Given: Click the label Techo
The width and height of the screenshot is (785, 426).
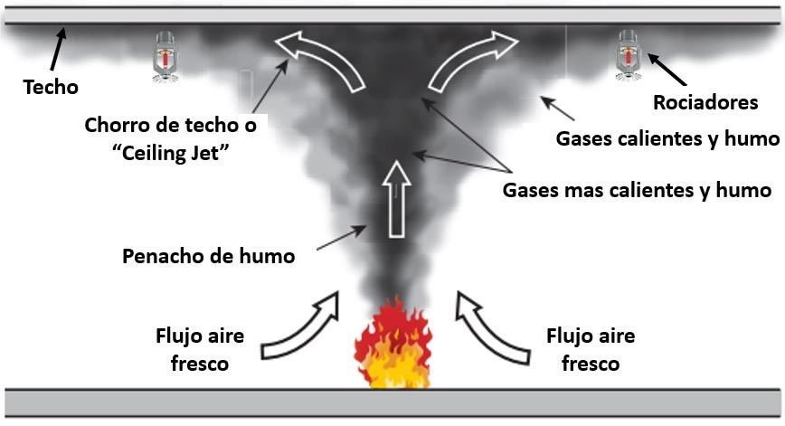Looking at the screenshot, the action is [51, 88].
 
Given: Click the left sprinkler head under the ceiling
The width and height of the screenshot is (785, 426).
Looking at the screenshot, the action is [165, 57].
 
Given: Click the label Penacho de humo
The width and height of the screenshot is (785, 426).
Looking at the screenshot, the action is [209, 256].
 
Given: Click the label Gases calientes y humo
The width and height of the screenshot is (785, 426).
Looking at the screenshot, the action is [667, 138].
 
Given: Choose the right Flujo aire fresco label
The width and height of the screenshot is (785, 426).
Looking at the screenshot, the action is [591, 350].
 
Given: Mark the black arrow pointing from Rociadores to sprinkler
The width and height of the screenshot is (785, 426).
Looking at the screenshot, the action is [665, 70].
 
